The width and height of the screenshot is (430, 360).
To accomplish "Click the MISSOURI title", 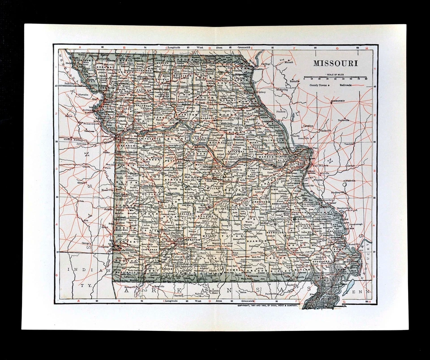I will point(335,63).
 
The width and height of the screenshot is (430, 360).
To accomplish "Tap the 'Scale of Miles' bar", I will point(335,77).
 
